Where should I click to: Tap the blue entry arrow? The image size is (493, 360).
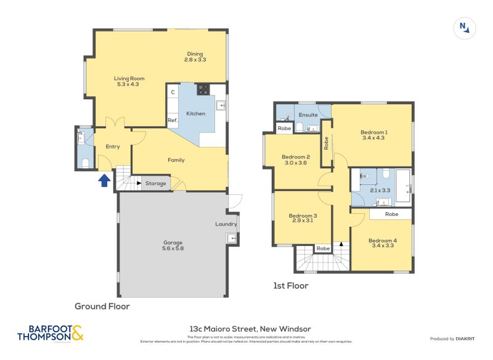coord(104,180)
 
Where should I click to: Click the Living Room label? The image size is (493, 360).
coord(129,79)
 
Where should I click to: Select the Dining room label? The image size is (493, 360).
coord(195,54)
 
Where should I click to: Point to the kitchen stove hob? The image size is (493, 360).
coord(203,90)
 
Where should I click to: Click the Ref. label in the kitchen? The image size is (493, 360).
coord(173,120)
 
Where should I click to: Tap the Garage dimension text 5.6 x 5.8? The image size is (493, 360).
coord(173,248)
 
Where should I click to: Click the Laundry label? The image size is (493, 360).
coord(226,224)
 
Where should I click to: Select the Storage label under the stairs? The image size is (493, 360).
coord(155,183)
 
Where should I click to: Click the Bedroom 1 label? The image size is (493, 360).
coord(374,132)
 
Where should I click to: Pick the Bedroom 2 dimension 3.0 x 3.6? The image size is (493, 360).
coord(296,163)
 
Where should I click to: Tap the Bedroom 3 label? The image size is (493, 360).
coord(303,216)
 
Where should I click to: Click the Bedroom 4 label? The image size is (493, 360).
coord(382,240)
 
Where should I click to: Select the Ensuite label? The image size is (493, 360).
coord(308,115)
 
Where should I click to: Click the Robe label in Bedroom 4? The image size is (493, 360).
coord(391,214)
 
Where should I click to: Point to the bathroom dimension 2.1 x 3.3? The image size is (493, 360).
coord(380,190)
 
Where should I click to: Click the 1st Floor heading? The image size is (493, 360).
coord(291,286)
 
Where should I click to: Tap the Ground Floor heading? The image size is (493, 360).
coord(102,306)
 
